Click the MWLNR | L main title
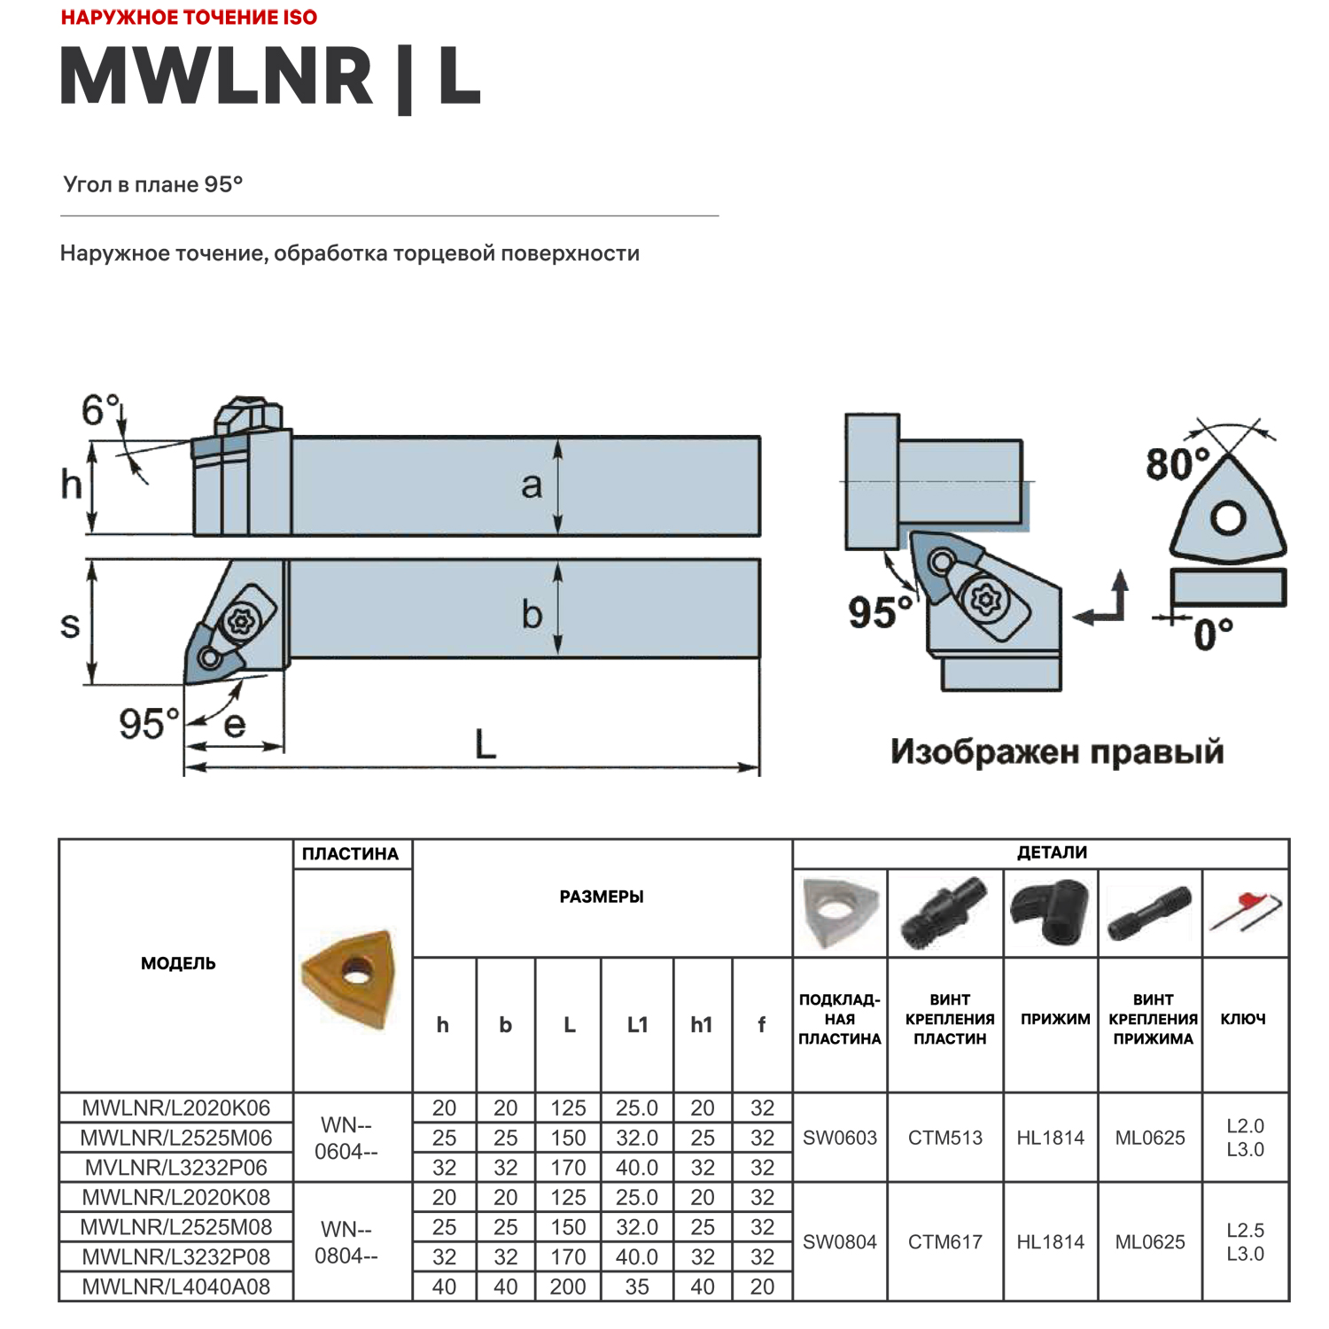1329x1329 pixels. [270, 78]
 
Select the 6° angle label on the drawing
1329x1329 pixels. [100, 410]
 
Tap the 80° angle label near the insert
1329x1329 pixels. [1177, 463]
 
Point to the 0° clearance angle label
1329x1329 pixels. [1212, 633]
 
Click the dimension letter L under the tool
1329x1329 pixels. [486, 744]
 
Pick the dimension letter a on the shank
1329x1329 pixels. [531, 486]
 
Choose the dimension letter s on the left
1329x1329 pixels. [70, 624]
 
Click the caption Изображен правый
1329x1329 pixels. [1056, 751]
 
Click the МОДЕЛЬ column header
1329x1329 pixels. [177, 963]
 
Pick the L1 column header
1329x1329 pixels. [637, 1025]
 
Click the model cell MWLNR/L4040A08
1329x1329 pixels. [175, 1286]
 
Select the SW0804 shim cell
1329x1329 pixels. [839, 1242]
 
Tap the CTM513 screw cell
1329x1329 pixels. [944, 1138]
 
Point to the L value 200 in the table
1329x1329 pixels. [567, 1286]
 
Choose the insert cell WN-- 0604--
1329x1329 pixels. [346, 1138]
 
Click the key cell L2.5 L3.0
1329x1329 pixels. [1244, 1242]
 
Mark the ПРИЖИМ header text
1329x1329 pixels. [1054, 1019]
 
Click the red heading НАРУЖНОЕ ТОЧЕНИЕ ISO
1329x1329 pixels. [189, 18]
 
